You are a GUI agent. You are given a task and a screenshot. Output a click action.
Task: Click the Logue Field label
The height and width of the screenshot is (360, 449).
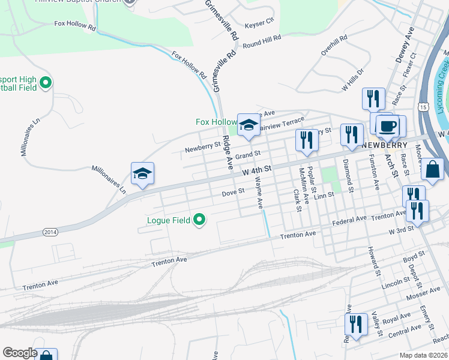(169, 220)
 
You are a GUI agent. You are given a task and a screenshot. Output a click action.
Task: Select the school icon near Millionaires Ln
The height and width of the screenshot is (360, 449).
(142, 174)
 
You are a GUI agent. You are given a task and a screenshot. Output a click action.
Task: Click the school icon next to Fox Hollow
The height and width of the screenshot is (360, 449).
(248, 125)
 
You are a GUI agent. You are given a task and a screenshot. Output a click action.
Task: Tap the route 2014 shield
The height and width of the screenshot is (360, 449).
(52, 232)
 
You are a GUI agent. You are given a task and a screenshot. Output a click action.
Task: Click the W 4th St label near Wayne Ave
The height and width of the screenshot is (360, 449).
(258, 171)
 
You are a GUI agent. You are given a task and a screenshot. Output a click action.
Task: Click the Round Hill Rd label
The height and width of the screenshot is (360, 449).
(262, 41)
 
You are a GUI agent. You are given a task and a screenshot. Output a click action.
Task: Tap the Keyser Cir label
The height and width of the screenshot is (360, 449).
(260, 20)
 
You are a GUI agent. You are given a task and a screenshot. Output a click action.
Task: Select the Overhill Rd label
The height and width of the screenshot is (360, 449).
(334, 45)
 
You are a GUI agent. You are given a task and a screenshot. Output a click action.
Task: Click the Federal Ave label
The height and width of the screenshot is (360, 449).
(349, 220)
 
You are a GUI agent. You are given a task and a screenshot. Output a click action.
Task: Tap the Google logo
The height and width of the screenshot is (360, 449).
(20, 353)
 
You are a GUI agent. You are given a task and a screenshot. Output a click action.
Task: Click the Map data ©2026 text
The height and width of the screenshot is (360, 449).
(423, 355)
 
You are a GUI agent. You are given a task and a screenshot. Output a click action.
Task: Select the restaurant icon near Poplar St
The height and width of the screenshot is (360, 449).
(307, 140)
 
